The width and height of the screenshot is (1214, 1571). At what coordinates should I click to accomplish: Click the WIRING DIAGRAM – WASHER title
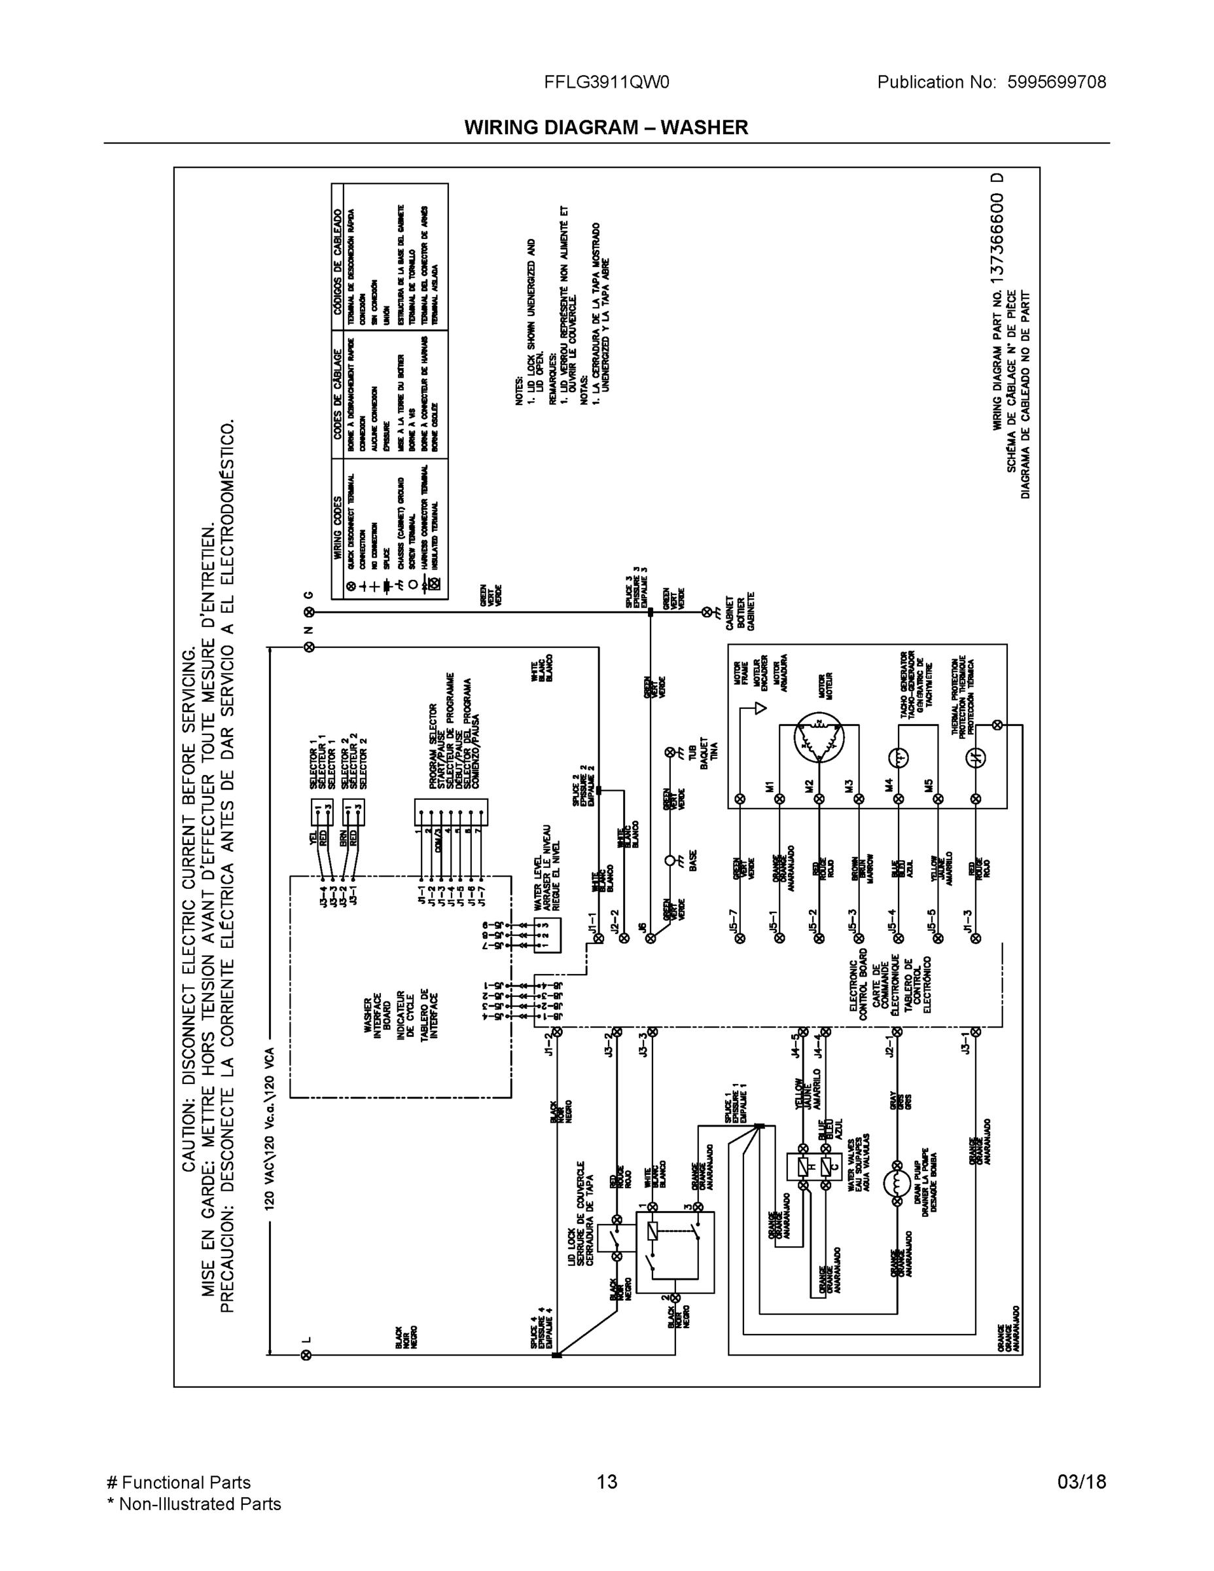pos(605,128)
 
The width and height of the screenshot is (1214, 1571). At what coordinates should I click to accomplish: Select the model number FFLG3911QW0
pos(606,82)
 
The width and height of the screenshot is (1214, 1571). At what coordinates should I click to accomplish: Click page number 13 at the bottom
pos(606,1482)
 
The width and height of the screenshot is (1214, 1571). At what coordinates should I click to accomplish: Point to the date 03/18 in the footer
pos(1081,1482)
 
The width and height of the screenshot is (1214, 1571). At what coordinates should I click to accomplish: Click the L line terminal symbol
pos(308,1355)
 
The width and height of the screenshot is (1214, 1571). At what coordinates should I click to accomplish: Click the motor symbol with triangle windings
pos(817,737)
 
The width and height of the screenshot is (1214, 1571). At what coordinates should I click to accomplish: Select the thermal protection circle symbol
pos(975,757)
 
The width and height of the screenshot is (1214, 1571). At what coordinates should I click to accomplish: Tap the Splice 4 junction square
pos(556,1355)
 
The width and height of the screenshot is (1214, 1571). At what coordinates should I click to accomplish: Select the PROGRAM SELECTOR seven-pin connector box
pos(451,812)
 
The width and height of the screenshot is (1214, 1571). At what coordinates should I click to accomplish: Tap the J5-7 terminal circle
pos(740,937)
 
